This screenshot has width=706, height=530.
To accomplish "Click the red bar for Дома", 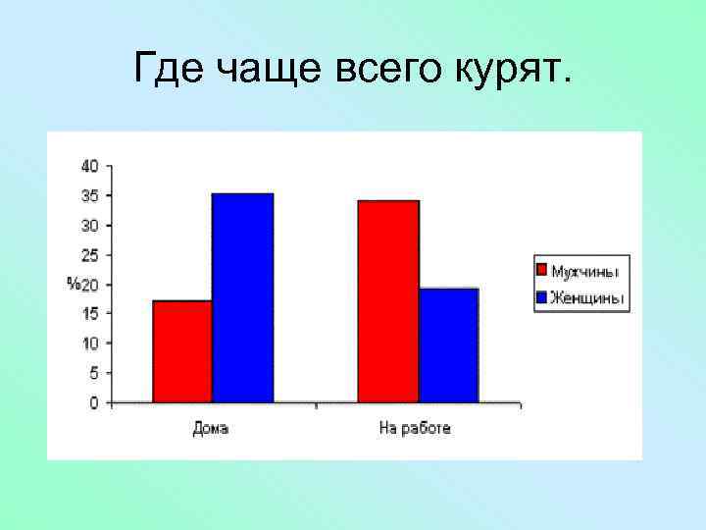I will tap(182, 351).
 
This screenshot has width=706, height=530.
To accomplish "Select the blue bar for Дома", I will tap(242, 297).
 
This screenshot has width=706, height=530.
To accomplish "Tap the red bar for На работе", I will tap(388, 301).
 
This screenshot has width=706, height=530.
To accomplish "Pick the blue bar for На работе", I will tap(448, 344).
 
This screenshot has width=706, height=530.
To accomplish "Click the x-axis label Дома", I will tap(210, 429).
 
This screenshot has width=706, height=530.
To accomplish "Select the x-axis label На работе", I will tap(415, 429).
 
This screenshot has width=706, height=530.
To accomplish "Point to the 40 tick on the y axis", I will tap(89, 166).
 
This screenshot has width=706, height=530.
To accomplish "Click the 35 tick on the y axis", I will tap(89, 195).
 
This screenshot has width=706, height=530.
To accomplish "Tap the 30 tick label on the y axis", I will tap(89, 225).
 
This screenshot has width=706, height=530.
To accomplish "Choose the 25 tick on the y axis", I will tap(89, 255).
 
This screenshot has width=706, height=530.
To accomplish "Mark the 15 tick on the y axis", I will tap(89, 313).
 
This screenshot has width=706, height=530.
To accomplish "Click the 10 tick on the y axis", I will tap(89, 344).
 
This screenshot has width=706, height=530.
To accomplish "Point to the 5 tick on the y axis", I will tap(93, 373).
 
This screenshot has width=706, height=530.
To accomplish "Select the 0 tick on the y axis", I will tap(93, 402).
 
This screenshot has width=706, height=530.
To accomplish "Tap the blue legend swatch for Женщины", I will tap(540, 297).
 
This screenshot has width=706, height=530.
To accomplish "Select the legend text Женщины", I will tap(586, 298).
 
